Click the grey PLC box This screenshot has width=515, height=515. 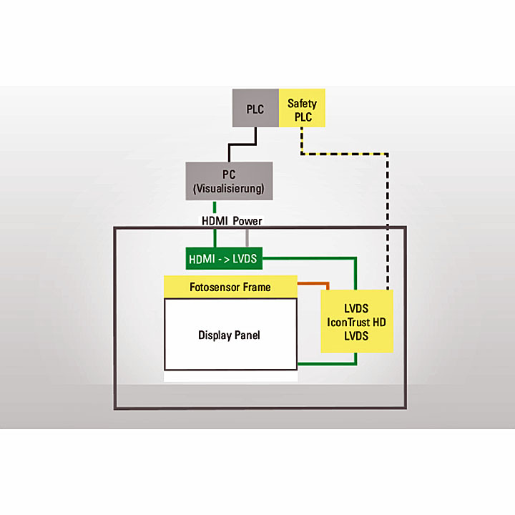pos(255,108)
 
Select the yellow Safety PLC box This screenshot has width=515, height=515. pos(302,108)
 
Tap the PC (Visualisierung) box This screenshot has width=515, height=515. pos(229,181)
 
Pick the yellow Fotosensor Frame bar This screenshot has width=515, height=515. pos(230,288)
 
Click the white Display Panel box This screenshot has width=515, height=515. pos(230,334)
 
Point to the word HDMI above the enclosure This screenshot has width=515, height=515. pos(214,221)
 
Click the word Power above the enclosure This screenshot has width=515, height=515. pos(247,221)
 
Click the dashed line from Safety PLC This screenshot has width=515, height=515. pos(387,215)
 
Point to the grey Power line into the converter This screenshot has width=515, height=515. pos(247,237)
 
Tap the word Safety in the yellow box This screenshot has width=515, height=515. pos(302,103)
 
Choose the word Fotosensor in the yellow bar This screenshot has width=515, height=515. pos(215,288)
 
